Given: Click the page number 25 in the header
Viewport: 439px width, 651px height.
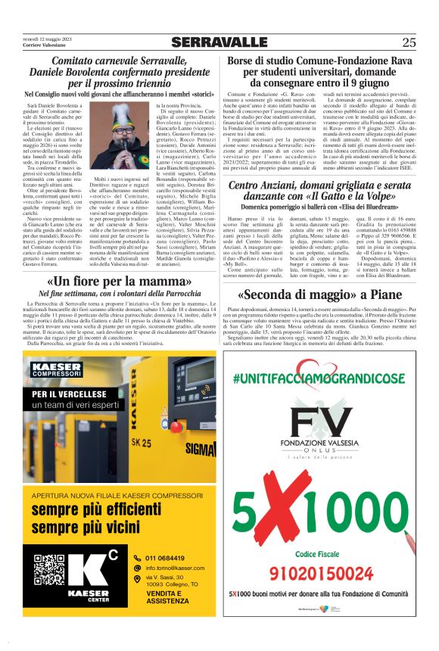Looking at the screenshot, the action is [409, 42].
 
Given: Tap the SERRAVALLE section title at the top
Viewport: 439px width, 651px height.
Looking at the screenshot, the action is [219, 42].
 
